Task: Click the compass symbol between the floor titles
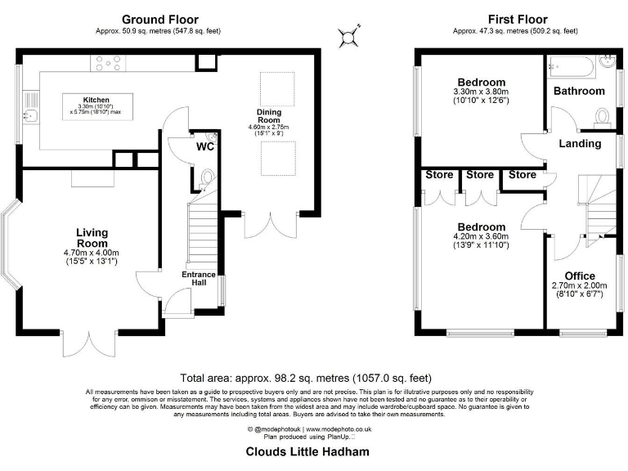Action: (348, 37)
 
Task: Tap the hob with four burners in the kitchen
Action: (108, 63)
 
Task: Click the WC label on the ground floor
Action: (205, 146)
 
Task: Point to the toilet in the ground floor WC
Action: (206, 178)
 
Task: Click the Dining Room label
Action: (269, 116)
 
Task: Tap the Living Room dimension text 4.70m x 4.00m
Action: (92, 253)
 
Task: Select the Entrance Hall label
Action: (199, 278)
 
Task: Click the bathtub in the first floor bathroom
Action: (572, 66)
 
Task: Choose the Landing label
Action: (580, 143)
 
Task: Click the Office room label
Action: (580, 276)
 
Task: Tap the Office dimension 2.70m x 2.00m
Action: (579, 285)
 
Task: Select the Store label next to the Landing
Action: (523, 175)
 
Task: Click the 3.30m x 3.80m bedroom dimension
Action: (481, 92)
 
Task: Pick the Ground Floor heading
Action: (160, 20)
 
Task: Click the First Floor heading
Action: (518, 20)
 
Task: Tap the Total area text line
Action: (306, 378)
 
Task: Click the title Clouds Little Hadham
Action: (307, 451)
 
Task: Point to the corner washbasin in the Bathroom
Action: (608, 62)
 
